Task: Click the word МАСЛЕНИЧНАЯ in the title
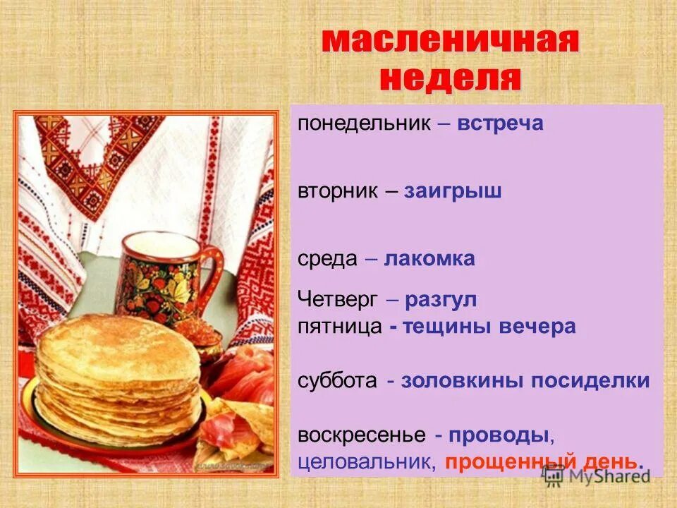450,42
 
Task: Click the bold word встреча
500,123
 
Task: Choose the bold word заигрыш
452,192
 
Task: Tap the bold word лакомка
429,259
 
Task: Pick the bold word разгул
441,300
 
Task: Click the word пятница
340,327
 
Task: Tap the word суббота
337,381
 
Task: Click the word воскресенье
361,435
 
